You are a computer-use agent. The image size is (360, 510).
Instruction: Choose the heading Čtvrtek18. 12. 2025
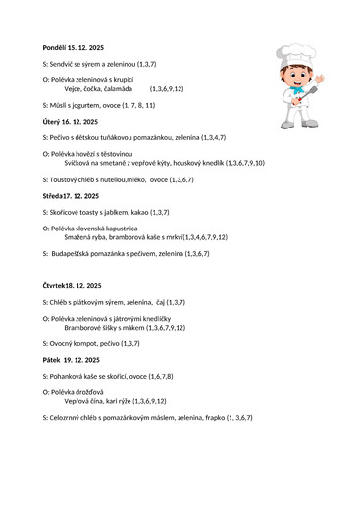click(x=74, y=285)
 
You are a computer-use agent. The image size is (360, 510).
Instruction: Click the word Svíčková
click(x=81, y=162)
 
